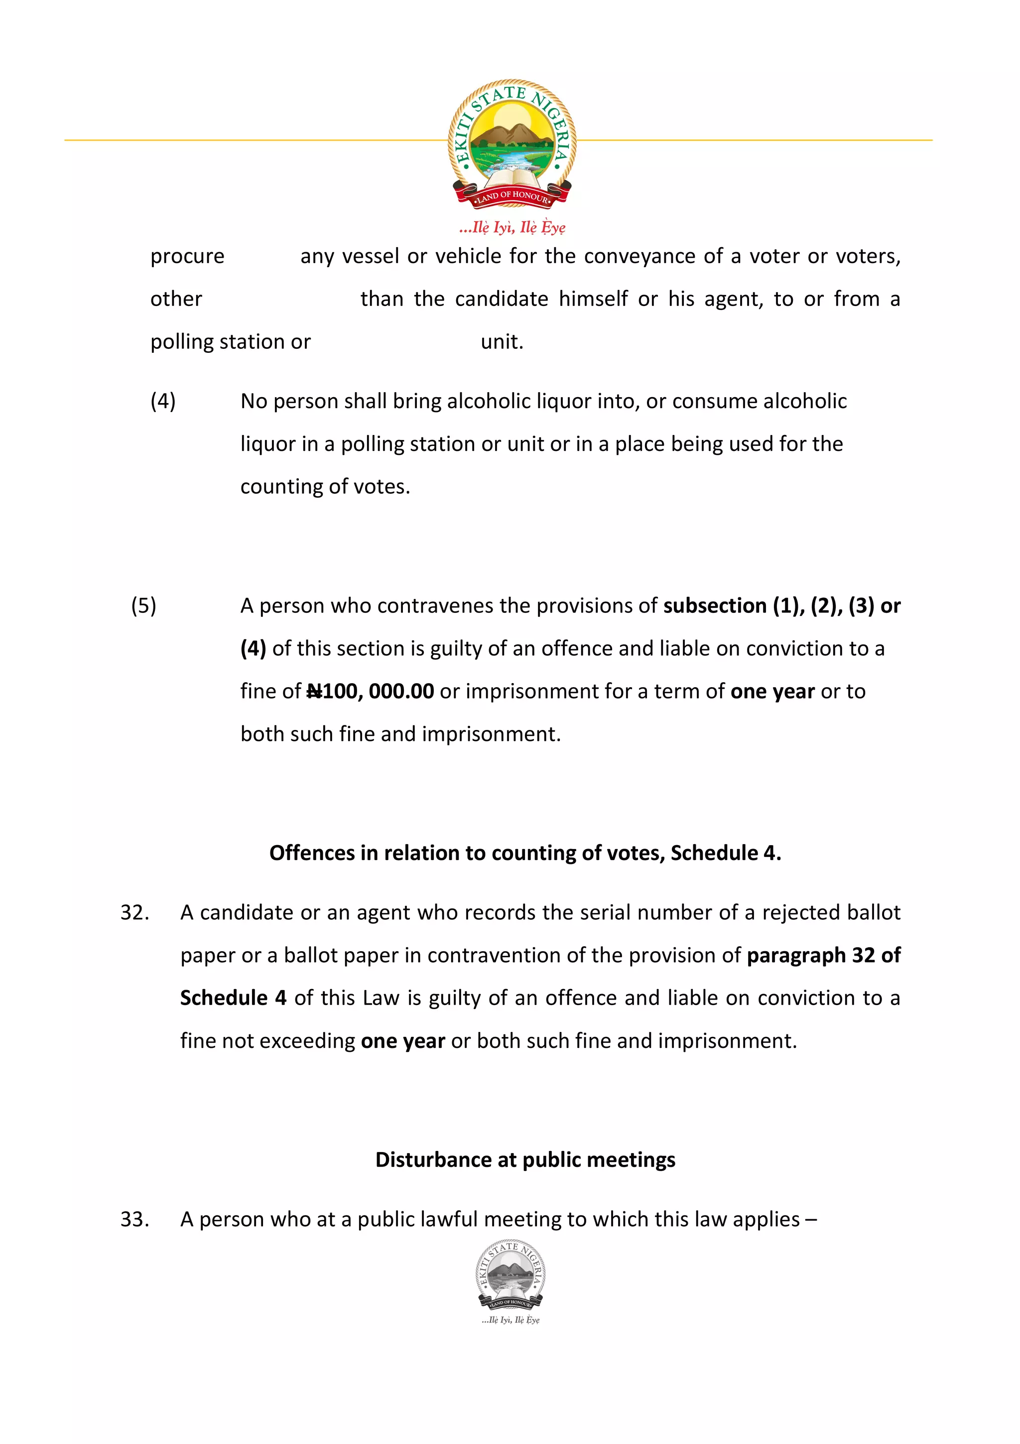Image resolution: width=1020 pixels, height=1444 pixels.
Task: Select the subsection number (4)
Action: (163, 401)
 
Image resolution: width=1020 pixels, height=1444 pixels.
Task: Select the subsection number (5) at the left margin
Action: (143, 605)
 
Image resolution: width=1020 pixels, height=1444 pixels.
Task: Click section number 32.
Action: (134, 912)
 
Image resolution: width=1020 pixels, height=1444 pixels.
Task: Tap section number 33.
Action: (134, 1219)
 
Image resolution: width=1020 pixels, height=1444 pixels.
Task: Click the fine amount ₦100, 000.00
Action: (370, 691)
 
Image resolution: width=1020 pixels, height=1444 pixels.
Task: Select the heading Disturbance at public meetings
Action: (525, 1159)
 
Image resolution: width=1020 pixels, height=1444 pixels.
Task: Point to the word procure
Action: (187, 257)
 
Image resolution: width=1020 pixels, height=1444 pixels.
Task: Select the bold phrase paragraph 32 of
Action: (823, 955)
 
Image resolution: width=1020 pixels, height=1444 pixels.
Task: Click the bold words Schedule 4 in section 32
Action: (233, 998)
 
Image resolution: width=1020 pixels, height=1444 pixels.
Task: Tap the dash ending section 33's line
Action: (811, 1219)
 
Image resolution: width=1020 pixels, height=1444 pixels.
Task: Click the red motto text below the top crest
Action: (512, 227)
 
